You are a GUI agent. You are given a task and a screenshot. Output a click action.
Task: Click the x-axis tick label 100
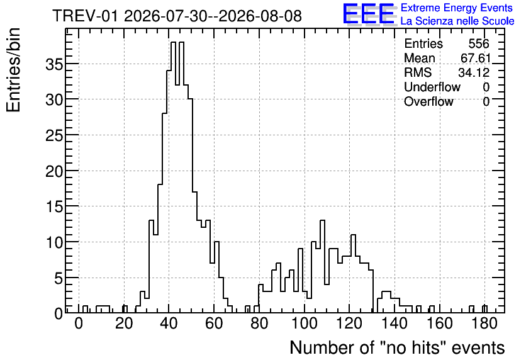(305, 323)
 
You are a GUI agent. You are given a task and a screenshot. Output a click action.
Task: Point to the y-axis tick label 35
(54, 64)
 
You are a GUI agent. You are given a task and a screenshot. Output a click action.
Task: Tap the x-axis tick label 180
(484, 323)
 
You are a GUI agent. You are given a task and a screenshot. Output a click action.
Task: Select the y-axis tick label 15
(54, 206)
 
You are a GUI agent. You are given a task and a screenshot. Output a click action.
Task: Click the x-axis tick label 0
(79, 323)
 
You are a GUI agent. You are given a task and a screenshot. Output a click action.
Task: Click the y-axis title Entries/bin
(13, 70)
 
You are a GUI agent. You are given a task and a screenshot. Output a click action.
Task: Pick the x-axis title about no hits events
(397, 347)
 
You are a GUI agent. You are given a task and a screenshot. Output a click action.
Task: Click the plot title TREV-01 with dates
(177, 16)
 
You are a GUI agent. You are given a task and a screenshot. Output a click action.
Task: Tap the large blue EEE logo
(369, 14)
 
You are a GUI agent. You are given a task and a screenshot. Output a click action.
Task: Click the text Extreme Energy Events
(457, 8)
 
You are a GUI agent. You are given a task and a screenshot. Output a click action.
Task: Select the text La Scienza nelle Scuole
(457, 21)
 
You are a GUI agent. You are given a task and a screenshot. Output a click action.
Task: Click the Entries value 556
(479, 43)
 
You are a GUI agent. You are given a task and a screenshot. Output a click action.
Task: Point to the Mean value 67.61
(476, 58)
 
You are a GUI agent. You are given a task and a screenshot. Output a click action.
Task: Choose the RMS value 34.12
(474, 72)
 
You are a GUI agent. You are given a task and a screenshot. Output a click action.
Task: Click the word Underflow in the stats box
(432, 87)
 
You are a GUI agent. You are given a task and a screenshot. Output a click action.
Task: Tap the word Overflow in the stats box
(428, 101)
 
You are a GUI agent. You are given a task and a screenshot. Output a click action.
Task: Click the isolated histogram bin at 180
(484, 310)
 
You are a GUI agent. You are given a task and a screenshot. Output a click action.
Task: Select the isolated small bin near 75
(247, 310)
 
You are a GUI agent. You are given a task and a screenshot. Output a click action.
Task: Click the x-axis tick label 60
(214, 323)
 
